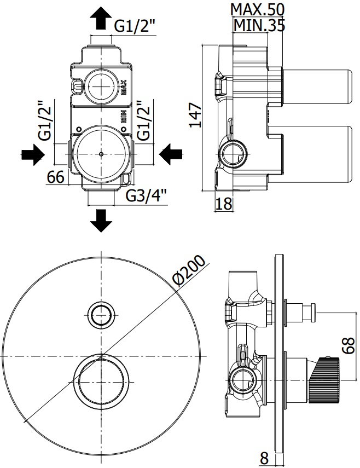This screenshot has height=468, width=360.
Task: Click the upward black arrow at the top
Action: (100, 18)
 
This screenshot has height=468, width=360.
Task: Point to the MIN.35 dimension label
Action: (259, 25)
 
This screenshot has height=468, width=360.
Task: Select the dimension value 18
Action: (223, 204)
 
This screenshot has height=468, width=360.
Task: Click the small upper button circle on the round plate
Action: (102, 314)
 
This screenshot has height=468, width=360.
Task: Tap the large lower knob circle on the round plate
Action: (102, 379)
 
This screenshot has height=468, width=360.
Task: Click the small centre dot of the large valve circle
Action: (102, 154)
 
